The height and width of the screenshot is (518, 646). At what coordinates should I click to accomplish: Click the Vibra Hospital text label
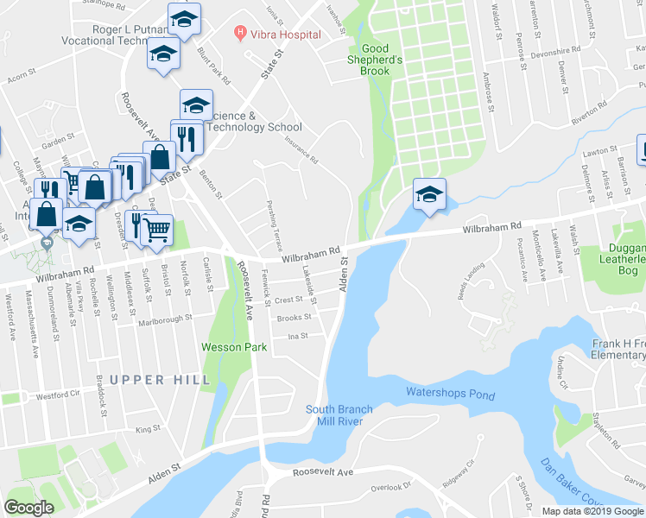(x=287, y=35)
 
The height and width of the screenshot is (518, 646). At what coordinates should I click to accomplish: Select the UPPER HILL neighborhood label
(x=160, y=380)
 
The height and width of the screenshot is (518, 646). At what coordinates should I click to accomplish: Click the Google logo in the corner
(x=29, y=508)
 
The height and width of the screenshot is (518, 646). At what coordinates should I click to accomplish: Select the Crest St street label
(x=288, y=300)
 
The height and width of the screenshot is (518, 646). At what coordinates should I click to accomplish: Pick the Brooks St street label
(x=294, y=318)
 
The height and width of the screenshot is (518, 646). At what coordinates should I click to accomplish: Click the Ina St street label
(x=298, y=336)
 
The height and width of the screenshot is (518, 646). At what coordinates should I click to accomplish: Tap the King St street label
(x=148, y=428)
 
